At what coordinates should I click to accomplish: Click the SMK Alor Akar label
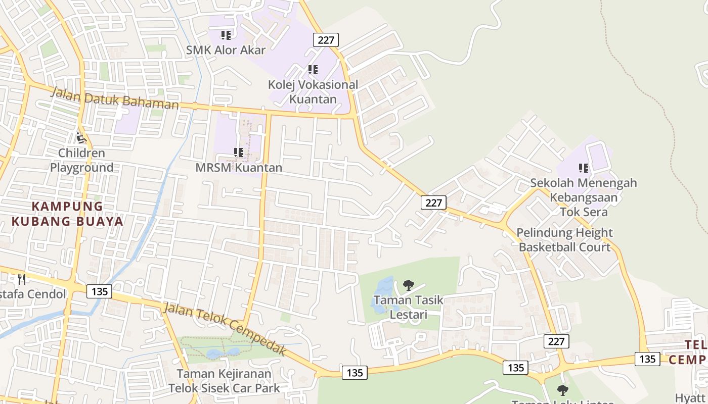pos(226,49)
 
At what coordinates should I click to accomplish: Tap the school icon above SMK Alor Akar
pos(226,35)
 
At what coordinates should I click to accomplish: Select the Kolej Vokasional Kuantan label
pos(313,92)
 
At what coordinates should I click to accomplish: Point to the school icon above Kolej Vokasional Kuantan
pos(313,70)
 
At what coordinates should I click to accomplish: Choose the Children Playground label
pos(81,160)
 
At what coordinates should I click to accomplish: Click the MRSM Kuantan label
pos(239,167)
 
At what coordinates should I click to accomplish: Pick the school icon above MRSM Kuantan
pos(239,152)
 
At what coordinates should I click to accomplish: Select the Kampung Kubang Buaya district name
pos(67,214)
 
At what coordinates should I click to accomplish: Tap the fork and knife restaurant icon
pos(22,279)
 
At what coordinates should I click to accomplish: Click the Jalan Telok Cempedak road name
pos(225,329)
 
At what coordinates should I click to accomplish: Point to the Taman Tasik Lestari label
pos(408,307)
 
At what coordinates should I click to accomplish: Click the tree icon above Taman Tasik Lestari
pos(408,285)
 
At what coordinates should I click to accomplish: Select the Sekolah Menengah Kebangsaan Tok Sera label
pos(584,197)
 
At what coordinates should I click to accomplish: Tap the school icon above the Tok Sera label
pos(583,168)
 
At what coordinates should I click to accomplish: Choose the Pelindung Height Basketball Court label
pos(564,240)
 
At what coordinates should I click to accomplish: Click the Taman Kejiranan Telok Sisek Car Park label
pos(224,381)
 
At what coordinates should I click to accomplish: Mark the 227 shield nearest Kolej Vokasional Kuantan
pos(326,40)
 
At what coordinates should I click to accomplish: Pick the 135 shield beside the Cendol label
pos(99,291)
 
